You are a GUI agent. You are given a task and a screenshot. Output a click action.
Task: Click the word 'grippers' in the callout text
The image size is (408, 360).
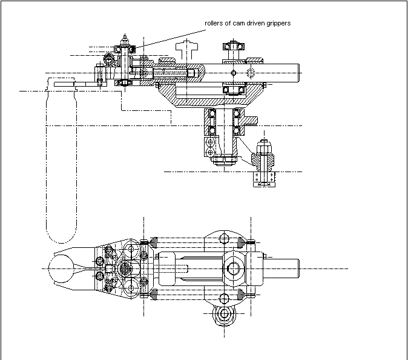click(277, 23)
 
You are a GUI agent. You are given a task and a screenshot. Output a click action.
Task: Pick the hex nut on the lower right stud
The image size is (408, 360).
click(264, 148)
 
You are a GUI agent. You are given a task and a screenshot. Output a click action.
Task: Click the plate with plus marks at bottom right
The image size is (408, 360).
click(264, 176)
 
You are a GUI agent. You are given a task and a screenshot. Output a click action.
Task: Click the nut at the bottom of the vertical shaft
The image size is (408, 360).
click(226, 161)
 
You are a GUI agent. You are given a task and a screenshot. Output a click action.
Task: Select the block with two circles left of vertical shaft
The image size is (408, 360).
click(209, 147)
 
